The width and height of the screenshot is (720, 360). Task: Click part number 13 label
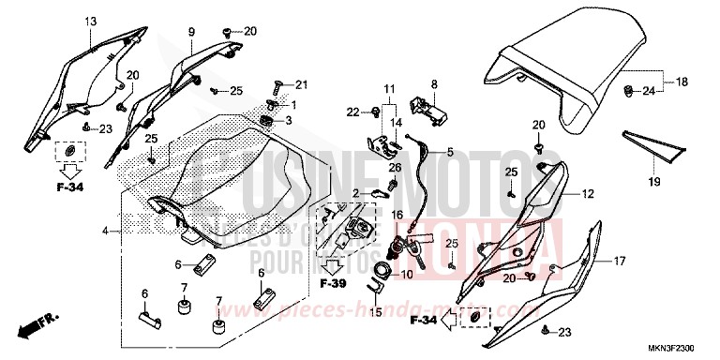click(91, 21)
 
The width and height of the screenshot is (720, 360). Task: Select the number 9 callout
click(190, 32)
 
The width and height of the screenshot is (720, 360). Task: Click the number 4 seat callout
click(105, 230)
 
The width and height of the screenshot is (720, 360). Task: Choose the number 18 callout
click(682, 82)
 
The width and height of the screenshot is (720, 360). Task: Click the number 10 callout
click(407, 274)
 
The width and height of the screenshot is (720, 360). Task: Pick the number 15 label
click(376, 312)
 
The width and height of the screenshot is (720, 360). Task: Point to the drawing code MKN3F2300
click(678, 348)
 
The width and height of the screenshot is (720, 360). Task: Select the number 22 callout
click(352, 112)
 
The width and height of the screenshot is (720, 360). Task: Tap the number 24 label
click(647, 91)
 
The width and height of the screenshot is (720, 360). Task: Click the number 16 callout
click(397, 215)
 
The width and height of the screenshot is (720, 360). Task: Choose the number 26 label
click(395, 168)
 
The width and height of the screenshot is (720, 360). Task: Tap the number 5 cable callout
click(449, 151)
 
